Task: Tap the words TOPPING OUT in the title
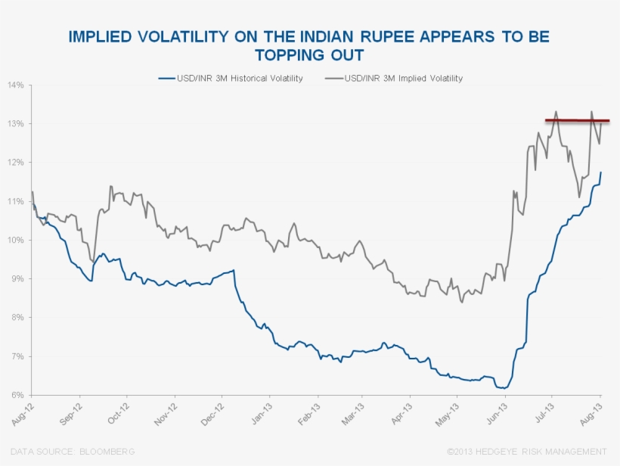308,55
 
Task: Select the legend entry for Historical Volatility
231,78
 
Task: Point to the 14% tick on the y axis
16,85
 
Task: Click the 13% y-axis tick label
16,123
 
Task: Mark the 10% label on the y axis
16,240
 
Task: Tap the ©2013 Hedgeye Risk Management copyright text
527,452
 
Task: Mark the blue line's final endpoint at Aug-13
601,172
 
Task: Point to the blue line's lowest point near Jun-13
503,388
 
